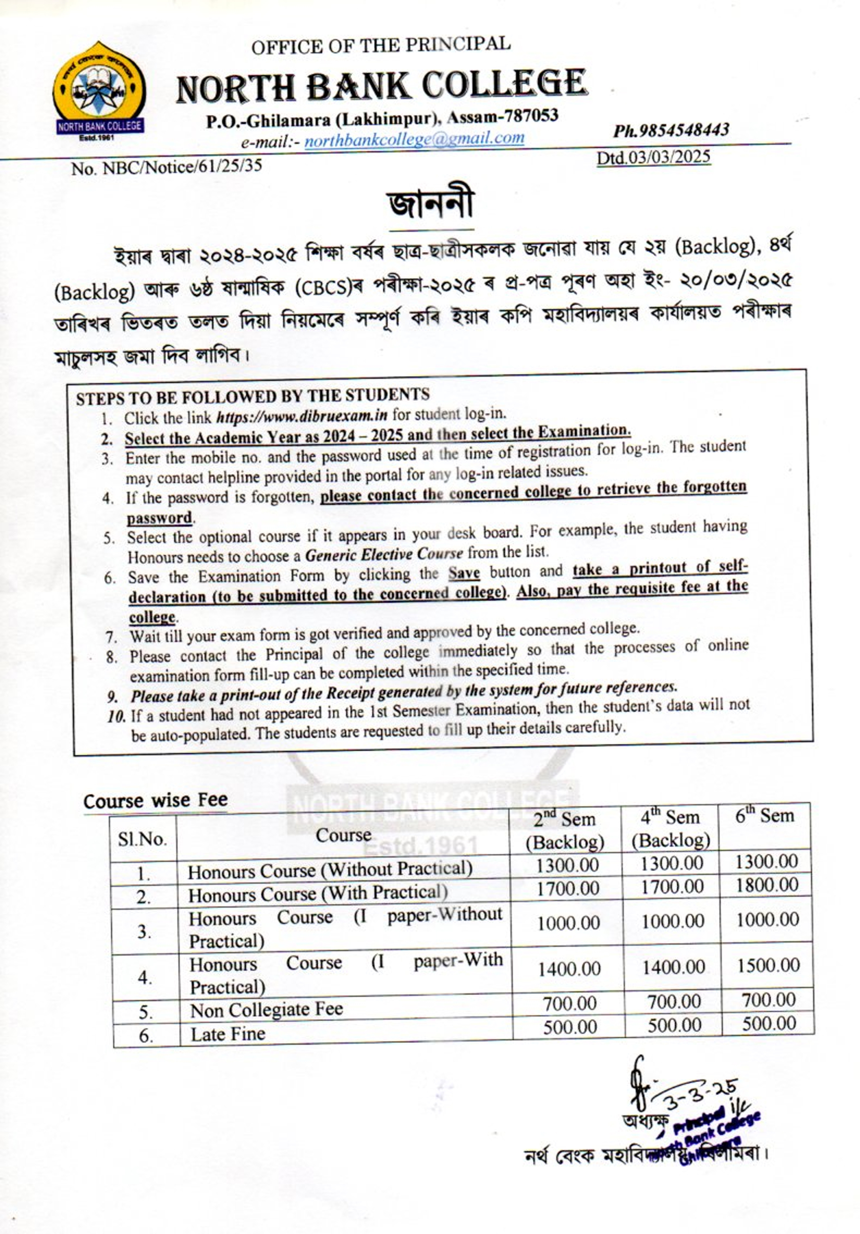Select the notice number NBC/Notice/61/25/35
coord(167,167)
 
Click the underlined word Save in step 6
coord(464,573)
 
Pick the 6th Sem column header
coord(764,816)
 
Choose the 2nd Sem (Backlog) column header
coord(564,830)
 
